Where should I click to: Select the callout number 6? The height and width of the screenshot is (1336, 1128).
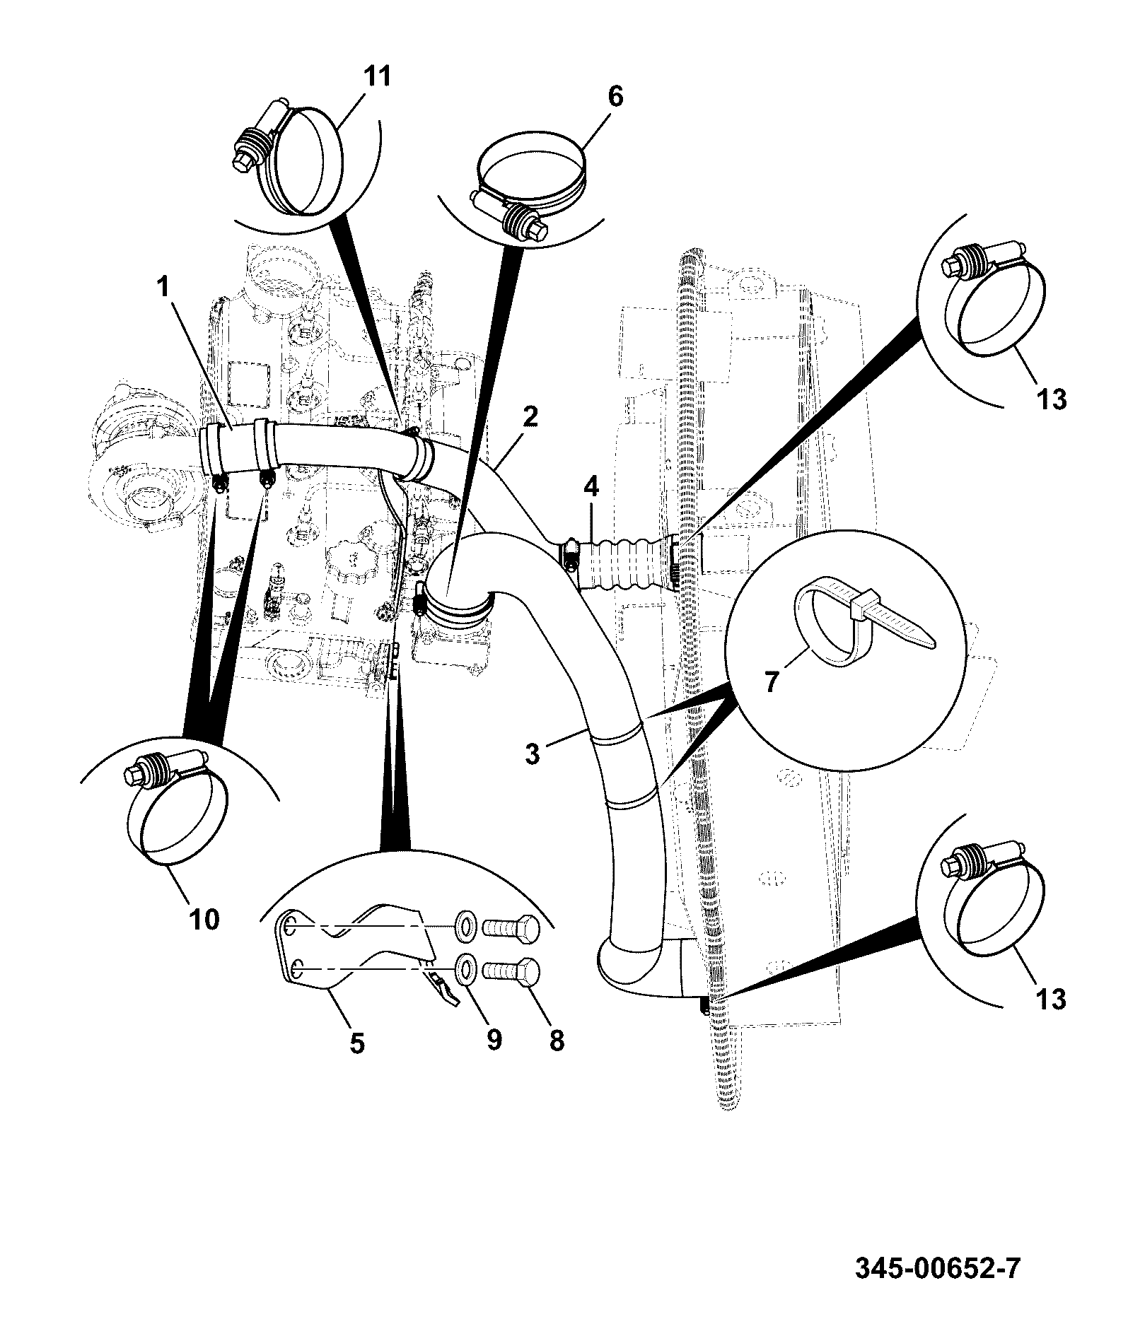point(615,97)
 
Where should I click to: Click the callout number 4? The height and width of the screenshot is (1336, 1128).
point(591,487)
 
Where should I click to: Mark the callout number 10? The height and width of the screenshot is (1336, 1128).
point(204,920)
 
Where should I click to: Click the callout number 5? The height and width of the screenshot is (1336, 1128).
point(357,1043)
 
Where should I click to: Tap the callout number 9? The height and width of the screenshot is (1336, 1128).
point(493,1039)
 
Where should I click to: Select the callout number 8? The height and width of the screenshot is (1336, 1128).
point(557,1040)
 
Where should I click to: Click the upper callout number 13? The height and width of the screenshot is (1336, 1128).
point(1051,399)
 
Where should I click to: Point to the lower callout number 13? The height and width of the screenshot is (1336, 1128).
point(1051,1000)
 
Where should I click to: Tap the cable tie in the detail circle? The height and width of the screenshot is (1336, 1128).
point(866,620)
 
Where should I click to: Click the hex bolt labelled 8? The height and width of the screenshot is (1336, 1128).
point(511,973)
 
